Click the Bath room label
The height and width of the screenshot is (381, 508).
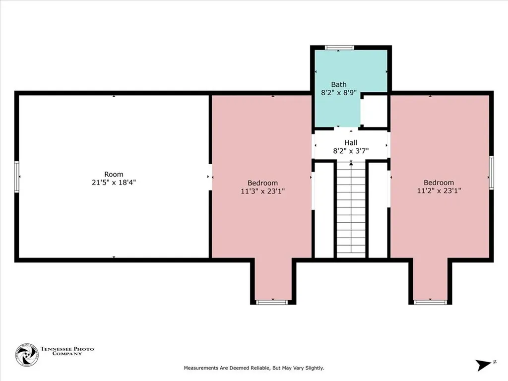tap(338, 84)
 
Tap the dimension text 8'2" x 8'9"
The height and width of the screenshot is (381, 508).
tap(338, 93)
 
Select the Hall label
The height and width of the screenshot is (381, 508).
tap(351, 142)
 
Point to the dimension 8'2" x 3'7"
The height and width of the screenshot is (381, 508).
tap(351, 151)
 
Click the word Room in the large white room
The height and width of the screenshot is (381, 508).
tap(114, 174)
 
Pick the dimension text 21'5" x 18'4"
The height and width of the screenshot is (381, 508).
tap(114, 183)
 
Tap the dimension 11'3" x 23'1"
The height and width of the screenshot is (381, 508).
tap(262, 191)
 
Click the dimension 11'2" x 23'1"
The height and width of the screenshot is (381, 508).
tap(439, 190)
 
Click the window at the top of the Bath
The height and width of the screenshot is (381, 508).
tap(339, 48)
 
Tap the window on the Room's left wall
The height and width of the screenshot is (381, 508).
tap(17, 177)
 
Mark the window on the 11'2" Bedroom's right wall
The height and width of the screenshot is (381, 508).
tap(491, 172)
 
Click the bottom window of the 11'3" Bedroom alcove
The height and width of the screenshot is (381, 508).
tap(272, 302)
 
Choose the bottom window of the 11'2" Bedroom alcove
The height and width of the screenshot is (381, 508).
tap(430, 302)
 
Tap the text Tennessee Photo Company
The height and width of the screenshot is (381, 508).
tap(67, 351)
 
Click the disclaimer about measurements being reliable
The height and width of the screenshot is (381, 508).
tap(254, 368)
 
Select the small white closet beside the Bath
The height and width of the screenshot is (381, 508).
tap(374, 111)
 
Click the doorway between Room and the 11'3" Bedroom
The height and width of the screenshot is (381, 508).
tap(210, 177)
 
